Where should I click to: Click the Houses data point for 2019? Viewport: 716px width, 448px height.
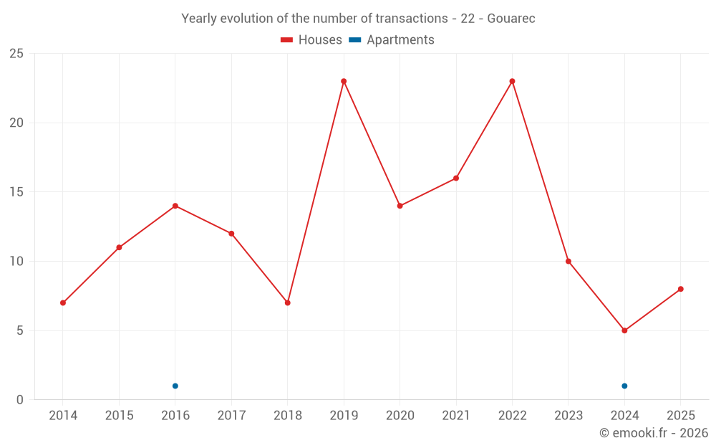coord(344,81)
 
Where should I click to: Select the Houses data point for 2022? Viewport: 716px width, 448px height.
coord(512,81)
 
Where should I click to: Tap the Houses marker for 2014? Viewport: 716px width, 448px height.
coord(63,302)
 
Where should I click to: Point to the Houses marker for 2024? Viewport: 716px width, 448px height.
coord(624,330)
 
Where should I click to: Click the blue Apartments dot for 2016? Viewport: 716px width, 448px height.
coord(175,386)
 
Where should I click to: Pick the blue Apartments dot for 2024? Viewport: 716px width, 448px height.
coord(624,386)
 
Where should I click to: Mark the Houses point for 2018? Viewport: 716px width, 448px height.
coord(287,302)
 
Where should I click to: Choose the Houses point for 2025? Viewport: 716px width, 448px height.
coord(681,289)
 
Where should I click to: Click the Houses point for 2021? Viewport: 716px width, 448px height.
coord(456,178)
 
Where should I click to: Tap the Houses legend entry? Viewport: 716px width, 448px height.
coord(311,40)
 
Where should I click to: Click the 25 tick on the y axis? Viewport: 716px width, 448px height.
coord(16,54)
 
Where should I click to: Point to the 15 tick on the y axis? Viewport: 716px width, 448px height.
coord(16,192)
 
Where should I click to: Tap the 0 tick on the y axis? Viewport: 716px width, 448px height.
coord(19,400)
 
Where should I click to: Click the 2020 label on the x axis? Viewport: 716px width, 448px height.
coord(400,416)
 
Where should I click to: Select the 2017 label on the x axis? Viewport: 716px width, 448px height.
coord(231,416)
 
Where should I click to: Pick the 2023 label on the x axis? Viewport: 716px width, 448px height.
coord(569,416)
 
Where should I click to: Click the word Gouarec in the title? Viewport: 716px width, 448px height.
coord(511,19)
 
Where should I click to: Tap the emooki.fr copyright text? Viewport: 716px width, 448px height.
coord(654,433)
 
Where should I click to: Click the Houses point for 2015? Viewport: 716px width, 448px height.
coord(119,247)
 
